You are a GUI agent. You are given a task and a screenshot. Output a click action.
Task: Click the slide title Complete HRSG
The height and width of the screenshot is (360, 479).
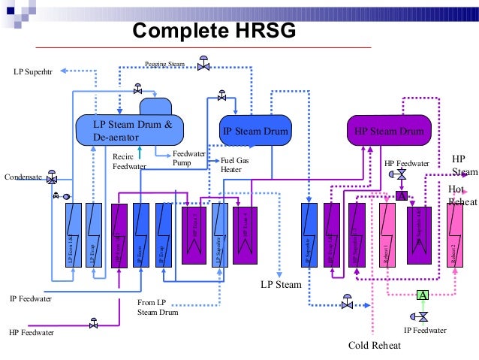pyautogui.click(x=214, y=30)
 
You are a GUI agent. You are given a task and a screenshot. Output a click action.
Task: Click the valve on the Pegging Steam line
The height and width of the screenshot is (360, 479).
pyautogui.click(x=203, y=65)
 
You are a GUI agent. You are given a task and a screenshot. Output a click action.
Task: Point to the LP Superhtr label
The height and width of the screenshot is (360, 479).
pyautogui.click(x=35, y=73)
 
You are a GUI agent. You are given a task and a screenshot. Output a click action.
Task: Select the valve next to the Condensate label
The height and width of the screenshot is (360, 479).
pyautogui.click(x=51, y=180)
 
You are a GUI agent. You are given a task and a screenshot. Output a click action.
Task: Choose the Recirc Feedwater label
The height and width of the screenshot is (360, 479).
pyautogui.click(x=128, y=161)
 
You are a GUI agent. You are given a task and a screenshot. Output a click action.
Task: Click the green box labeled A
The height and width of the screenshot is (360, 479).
pyautogui.click(x=423, y=295)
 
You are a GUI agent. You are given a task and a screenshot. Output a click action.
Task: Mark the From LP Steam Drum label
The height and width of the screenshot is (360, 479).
pyautogui.click(x=157, y=307)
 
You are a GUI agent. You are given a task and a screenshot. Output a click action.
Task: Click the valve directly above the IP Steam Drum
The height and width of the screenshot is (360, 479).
pyautogui.click(x=221, y=96)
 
